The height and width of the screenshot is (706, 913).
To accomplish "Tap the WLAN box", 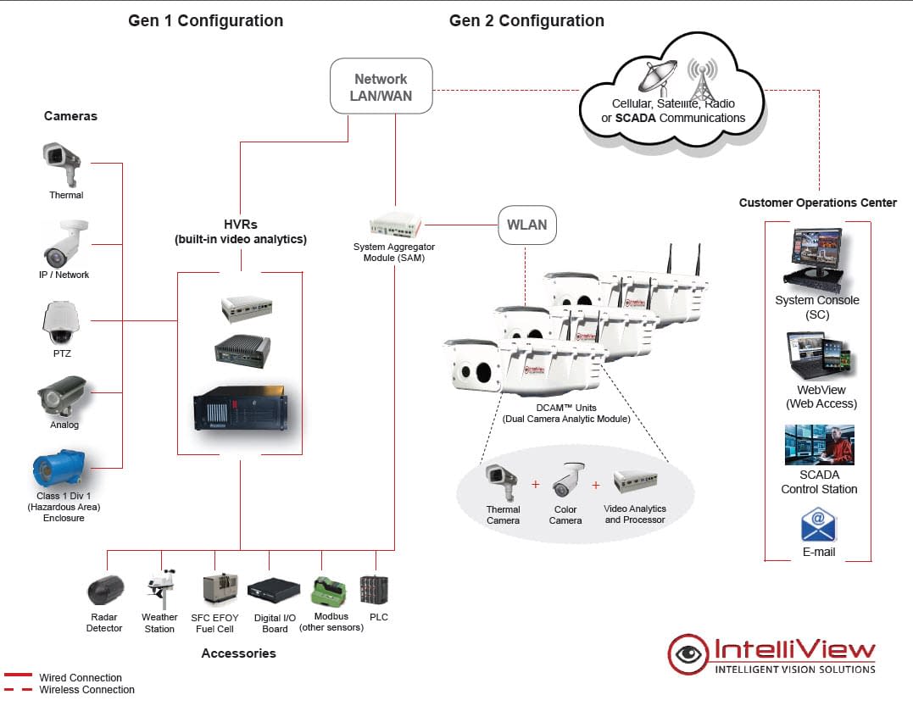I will tap(526, 225).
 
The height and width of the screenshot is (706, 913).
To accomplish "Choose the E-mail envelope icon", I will tap(818, 525).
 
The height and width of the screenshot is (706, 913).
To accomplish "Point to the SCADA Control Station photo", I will tap(818, 445).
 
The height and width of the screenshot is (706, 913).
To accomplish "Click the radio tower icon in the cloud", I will tap(700, 80).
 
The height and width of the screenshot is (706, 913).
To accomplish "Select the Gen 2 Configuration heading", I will tap(526, 20).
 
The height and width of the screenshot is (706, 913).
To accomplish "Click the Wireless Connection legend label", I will tap(86, 690).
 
